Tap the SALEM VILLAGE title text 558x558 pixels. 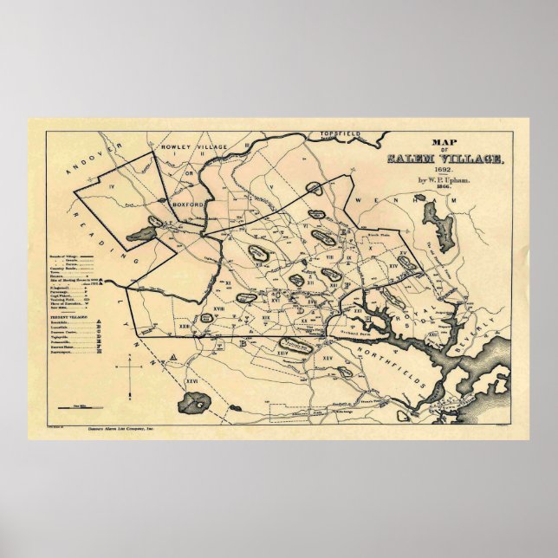click(443, 158)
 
